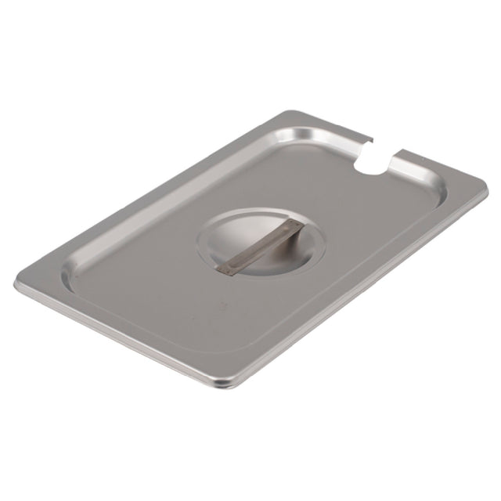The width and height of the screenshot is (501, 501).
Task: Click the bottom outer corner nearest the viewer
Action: coord(227,385)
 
